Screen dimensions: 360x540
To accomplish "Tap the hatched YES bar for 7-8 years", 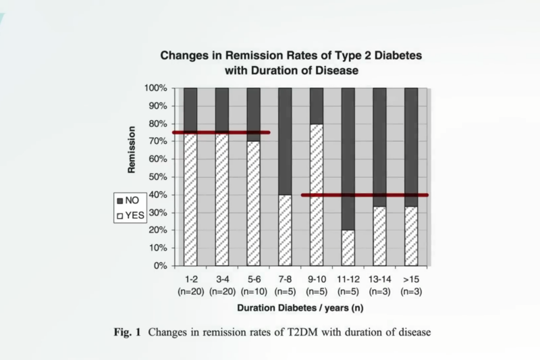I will (284, 230).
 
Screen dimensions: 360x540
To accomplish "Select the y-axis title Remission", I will (132, 150).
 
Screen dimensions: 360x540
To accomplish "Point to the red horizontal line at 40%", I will (364, 195).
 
